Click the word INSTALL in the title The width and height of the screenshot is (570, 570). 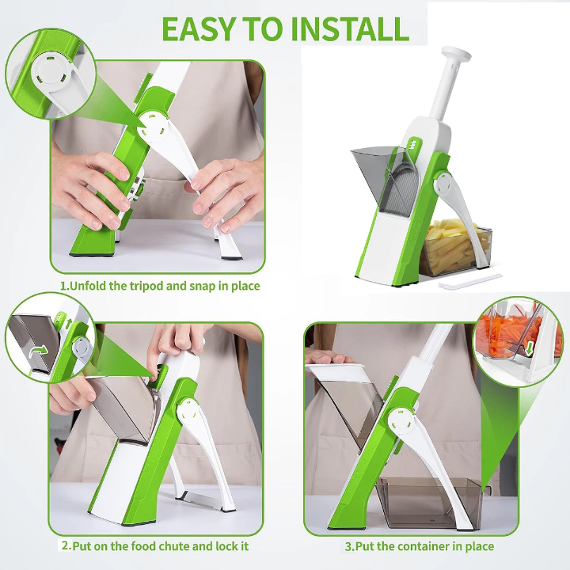click(x=351, y=28)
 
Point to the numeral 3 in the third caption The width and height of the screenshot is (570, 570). click(x=348, y=546)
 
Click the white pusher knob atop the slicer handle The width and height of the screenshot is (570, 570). click(x=456, y=55)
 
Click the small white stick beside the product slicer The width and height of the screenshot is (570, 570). click(x=469, y=281)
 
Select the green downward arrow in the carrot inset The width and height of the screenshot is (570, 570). click(x=529, y=348)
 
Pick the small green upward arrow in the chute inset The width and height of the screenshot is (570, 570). click(x=69, y=323)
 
